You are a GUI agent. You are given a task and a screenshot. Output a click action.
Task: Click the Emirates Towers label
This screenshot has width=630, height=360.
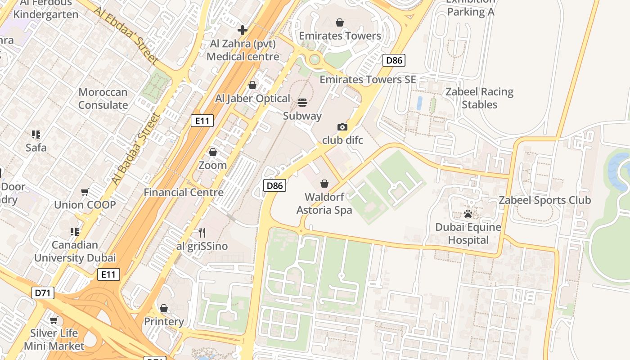[340, 36]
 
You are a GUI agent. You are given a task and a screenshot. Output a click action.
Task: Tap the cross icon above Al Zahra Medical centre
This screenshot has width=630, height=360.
[243, 30]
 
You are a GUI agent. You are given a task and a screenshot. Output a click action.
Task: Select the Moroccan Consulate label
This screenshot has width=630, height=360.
[103, 99]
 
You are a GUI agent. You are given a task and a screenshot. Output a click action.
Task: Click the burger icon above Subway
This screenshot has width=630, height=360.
[302, 102]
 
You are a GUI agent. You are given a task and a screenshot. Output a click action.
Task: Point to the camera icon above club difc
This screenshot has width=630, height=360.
[342, 127]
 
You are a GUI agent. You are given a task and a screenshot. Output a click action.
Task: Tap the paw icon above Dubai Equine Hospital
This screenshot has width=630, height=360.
[468, 214]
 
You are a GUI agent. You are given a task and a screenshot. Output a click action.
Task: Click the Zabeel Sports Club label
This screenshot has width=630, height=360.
[544, 200]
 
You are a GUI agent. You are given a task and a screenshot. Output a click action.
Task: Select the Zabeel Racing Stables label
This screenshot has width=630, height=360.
[479, 98]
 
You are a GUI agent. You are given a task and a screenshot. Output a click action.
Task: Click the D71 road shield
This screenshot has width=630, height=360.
[43, 293]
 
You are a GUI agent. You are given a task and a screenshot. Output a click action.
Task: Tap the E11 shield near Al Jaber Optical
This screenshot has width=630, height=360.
[202, 121]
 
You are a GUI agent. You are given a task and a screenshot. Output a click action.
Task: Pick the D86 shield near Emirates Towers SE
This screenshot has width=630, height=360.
[394, 60]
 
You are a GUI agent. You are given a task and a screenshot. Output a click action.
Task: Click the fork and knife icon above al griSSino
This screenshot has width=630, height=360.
[202, 233]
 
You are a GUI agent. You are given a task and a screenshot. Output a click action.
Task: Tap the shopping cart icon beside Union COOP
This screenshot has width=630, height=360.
[85, 192]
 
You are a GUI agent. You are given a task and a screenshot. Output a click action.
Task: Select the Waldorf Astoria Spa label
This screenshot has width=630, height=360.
[324, 203]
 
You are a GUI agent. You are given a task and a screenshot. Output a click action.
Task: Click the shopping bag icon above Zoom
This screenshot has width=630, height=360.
[213, 152]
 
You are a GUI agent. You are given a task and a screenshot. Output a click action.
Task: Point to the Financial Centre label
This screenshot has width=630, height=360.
[184, 192]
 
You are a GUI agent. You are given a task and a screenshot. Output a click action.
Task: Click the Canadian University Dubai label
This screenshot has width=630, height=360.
[75, 252]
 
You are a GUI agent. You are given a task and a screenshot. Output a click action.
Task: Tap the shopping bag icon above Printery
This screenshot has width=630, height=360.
[164, 308]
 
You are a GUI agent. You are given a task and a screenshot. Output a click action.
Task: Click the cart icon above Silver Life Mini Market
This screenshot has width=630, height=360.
[54, 320]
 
